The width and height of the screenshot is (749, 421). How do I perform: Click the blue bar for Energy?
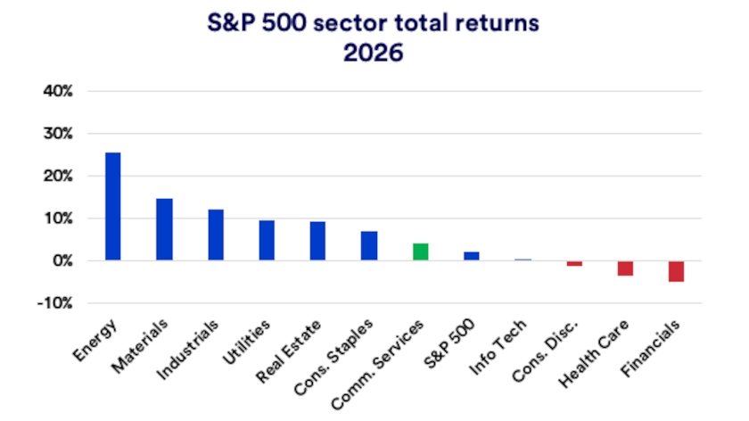click(x=113, y=206)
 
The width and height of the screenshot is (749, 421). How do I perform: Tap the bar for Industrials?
click(x=216, y=235)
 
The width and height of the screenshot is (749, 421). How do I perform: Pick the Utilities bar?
click(x=267, y=240)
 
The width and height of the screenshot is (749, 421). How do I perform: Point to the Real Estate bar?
click(x=317, y=241)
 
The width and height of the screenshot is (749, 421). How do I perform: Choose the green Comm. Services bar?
click(x=420, y=252)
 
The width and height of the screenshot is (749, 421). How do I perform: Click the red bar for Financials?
click(x=676, y=271)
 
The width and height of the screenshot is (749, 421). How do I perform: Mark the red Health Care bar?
click(x=625, y=268)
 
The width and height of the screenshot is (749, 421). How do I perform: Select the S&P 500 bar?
click(x=471, y=256)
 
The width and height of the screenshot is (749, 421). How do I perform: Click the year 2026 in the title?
click(x=374, y=52)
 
